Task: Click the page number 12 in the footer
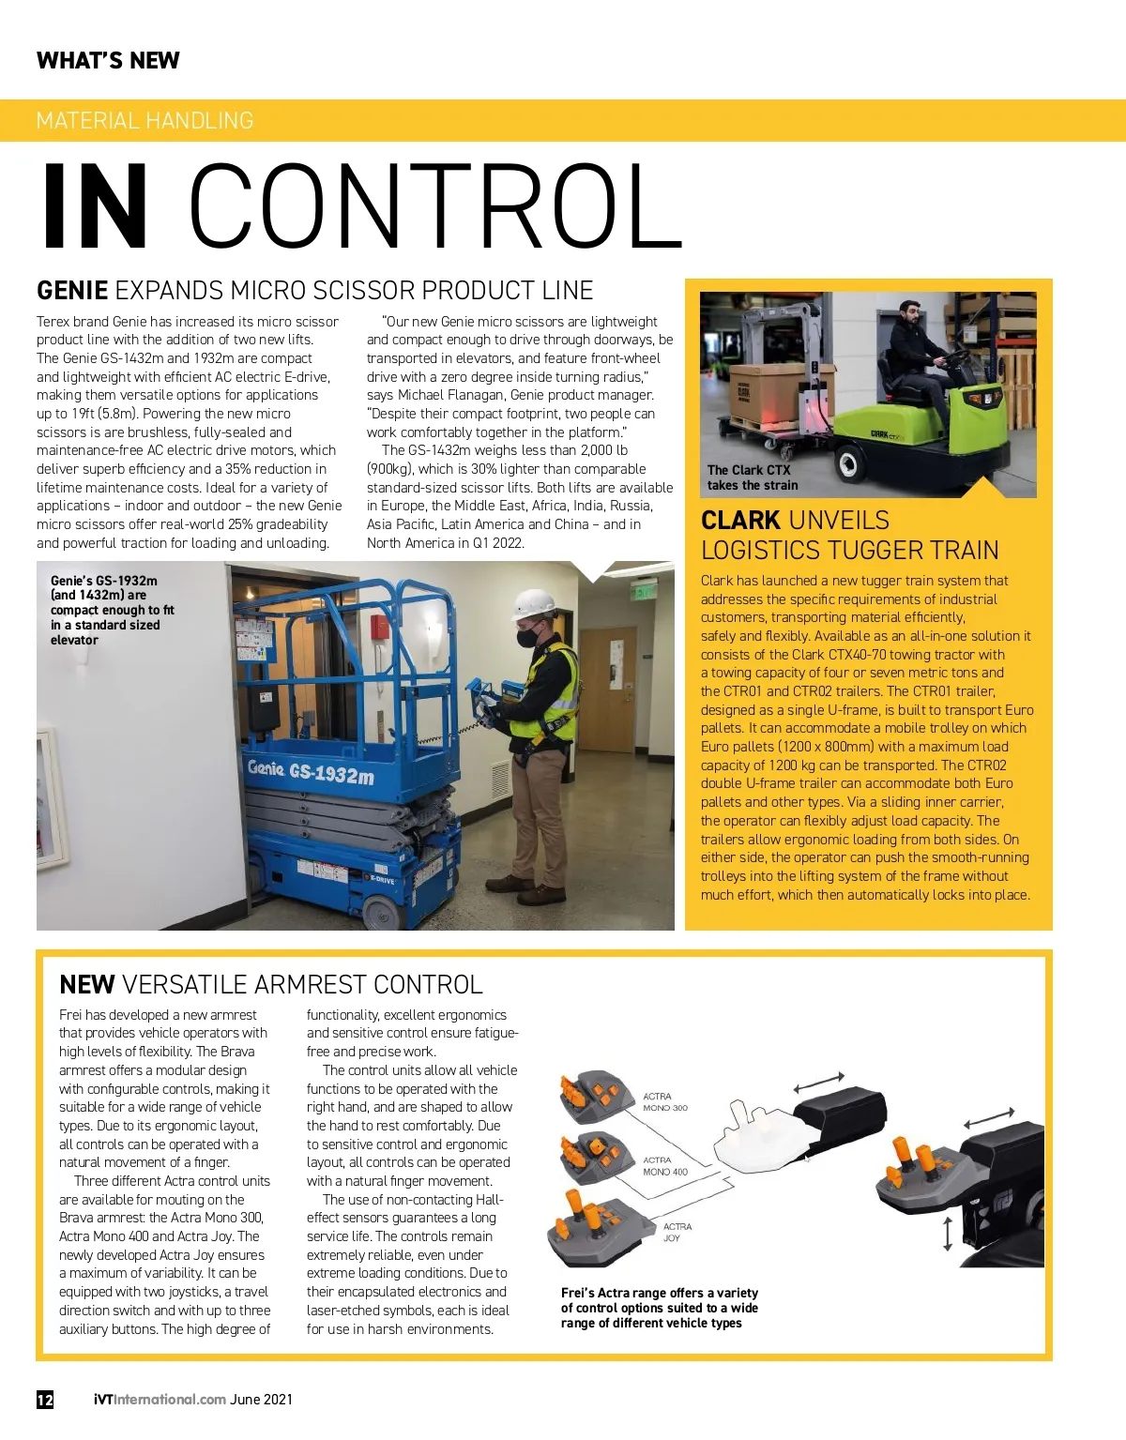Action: (x=45, y=1399)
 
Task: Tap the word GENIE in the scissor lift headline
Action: (x=72, y=291)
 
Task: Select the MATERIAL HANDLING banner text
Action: (x=145, y=121)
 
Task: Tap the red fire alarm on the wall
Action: (x=379, y=627)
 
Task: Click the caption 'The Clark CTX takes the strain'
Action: (x=752, y=477)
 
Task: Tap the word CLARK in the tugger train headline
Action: (x=740, y=521)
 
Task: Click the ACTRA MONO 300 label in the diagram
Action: (x=665, y=1102)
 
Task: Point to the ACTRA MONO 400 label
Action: (x=665, y=1166)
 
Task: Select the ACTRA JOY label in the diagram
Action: (x=677, y=1233)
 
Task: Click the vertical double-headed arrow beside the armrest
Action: (x=948, y=1234)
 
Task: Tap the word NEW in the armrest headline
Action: (x=86, y=985)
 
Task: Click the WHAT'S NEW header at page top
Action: (x=108, y=61)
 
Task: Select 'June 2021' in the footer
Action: (x=262, y=1399)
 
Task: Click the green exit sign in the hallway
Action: (x=645, y=591)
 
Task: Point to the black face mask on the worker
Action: (x=528, y=637)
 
